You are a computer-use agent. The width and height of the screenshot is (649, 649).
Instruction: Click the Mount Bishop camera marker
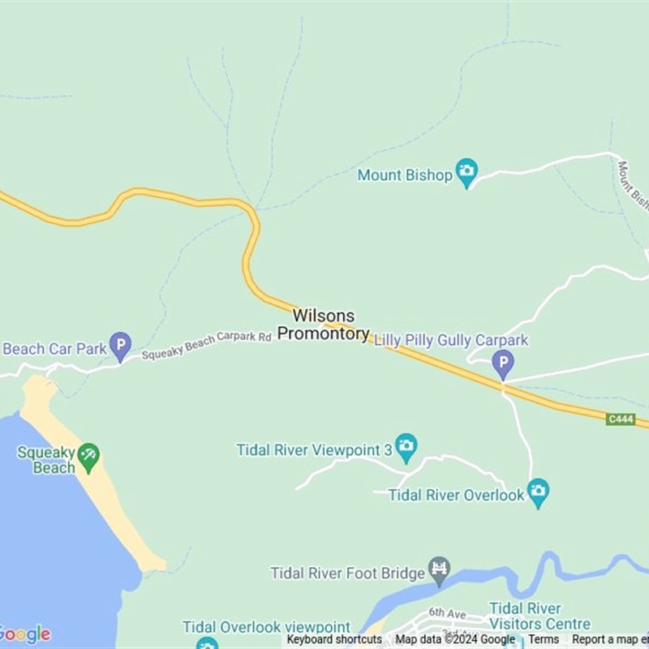[466, 171]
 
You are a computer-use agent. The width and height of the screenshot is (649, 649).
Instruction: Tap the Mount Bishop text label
[404, 175]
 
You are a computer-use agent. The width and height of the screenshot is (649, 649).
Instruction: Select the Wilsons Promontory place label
[323, 324]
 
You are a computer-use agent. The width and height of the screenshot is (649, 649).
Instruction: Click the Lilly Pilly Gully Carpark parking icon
[503, 363]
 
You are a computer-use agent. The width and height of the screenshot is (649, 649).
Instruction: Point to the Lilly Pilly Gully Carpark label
[451, 341]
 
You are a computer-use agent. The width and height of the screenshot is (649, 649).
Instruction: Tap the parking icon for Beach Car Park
[120, 346]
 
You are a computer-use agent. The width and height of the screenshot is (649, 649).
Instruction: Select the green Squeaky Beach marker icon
[88, 456]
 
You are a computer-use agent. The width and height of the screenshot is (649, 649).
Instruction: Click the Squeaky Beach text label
[46, 459]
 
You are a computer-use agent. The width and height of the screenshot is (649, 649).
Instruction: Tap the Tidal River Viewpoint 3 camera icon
[406, 445]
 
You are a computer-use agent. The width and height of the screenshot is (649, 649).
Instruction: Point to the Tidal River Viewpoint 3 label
[315, 449]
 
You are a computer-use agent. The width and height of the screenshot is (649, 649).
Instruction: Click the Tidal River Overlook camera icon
[538, 491]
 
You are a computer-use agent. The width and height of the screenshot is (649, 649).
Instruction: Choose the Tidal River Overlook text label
[457, 495]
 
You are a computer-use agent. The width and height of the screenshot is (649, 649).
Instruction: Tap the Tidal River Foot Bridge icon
[440, 570]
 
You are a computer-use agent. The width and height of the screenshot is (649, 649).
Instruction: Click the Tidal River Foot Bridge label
[348, 574]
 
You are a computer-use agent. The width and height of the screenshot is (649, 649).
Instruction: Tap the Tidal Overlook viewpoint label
[266, 627]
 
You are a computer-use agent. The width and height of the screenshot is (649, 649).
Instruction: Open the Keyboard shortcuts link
[334, 639]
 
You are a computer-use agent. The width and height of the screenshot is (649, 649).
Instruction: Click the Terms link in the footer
[544, 639]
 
